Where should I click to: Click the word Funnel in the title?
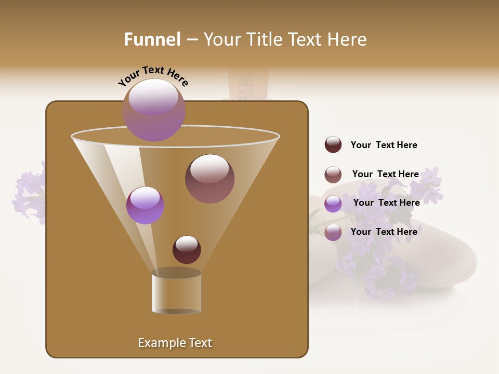(x=152, y=39)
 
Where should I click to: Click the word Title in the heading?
(x=264, y=39)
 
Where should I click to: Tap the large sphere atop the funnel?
(x=154, y=110)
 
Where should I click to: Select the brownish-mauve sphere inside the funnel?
(x=209, y=178)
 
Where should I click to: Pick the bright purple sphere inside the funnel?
(x=145, y=205)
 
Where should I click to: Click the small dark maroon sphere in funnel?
(x=187, y=249)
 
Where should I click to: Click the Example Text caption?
(x=175, y=343)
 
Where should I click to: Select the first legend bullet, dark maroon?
(x=333, y=144)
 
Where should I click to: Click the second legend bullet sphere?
(x=333, y=174)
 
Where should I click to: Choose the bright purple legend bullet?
(x=333, y=203)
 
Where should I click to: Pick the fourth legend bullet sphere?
(x=333, y=232)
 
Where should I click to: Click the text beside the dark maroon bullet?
(x=384, y=145)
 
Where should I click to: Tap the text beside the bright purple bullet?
(x=386, y=203)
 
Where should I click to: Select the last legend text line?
(x=384, y=232)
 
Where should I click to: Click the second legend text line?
(x=385, y=174)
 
